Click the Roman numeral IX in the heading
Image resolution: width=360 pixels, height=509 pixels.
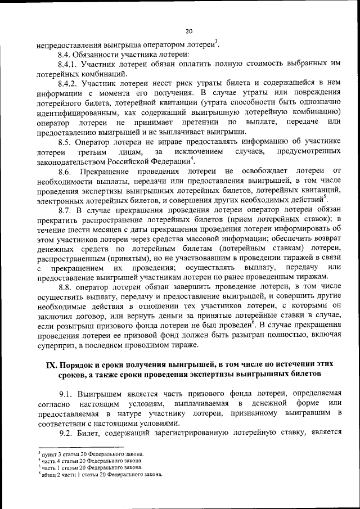(51, 365)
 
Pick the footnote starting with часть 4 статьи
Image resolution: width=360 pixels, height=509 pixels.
(89, 461)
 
